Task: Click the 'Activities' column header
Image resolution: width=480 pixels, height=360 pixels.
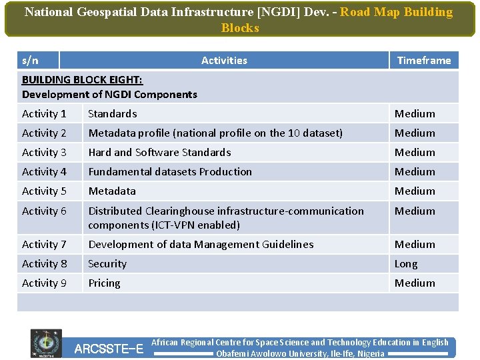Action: (224, 61)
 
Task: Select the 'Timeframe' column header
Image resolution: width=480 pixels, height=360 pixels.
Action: (424, 61)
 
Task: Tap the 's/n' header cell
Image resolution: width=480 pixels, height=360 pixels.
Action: (31, 61)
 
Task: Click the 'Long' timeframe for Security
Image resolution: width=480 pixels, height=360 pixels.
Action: (406, 264)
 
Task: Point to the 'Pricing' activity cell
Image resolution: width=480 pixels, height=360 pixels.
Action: (105, 283)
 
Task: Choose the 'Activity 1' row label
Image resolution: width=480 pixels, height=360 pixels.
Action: (44, 114)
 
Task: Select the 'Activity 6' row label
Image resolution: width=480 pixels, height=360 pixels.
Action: (44, 211)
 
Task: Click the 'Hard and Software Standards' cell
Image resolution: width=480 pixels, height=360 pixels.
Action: (159, 153)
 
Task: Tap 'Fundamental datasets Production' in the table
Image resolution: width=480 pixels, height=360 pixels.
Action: (170, 172)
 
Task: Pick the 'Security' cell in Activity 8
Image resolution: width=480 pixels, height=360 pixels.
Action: (107, 264)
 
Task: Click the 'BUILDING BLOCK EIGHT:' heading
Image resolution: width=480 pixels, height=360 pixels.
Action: (82, 79)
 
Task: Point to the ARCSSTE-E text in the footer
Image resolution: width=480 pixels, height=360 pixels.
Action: (109, 349)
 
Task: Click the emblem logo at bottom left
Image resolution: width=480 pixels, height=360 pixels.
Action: (46, 344)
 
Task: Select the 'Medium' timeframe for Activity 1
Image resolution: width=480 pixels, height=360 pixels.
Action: (415, 114)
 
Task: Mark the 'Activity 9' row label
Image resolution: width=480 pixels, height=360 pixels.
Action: (44, 283)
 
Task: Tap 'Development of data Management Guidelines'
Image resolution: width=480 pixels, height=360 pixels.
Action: (201, 245)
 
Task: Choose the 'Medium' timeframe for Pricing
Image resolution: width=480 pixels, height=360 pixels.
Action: (415, 283)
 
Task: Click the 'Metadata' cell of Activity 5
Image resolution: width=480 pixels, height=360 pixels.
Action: (112, 191)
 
